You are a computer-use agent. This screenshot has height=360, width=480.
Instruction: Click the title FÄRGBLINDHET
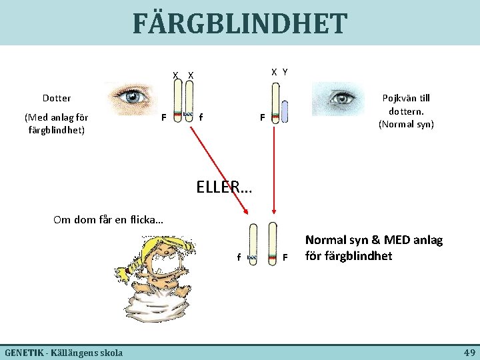[239, 23]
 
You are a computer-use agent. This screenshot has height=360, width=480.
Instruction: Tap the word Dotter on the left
[57, 98]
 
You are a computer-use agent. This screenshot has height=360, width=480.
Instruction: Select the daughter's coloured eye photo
[133, 97]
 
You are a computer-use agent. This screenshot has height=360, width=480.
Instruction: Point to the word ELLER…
[225, 188]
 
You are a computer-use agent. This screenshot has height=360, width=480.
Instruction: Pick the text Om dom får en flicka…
[109, 219]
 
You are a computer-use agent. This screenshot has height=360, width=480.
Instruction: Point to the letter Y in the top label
[285, 71]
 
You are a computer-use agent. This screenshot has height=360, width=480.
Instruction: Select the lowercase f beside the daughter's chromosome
[201, 118]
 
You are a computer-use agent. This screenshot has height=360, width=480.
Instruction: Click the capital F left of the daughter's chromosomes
[163, 118]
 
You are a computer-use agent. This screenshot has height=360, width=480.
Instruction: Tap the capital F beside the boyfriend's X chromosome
[263, 118]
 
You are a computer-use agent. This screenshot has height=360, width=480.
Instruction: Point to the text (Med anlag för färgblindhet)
[57, 123]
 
